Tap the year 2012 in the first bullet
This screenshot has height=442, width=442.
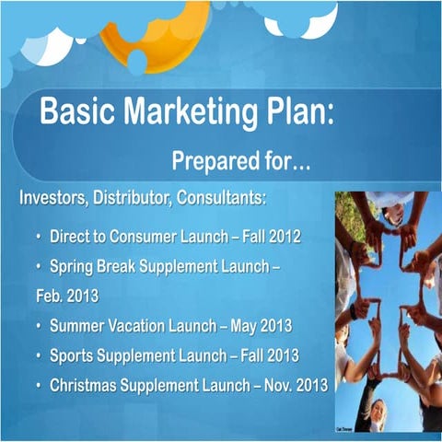pos(283,237)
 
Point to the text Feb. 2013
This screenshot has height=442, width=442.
pos(56,297)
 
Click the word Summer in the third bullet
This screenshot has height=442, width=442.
pos(77,326)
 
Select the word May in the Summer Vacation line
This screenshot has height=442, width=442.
pos(237,326)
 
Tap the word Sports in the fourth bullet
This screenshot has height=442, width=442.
pos(73,355)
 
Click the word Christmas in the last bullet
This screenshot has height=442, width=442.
pos(86,385)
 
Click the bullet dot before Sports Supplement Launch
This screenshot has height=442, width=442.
pos(39,355)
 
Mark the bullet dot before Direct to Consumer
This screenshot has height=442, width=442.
pos(39,237)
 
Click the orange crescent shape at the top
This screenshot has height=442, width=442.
pos(147,37)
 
